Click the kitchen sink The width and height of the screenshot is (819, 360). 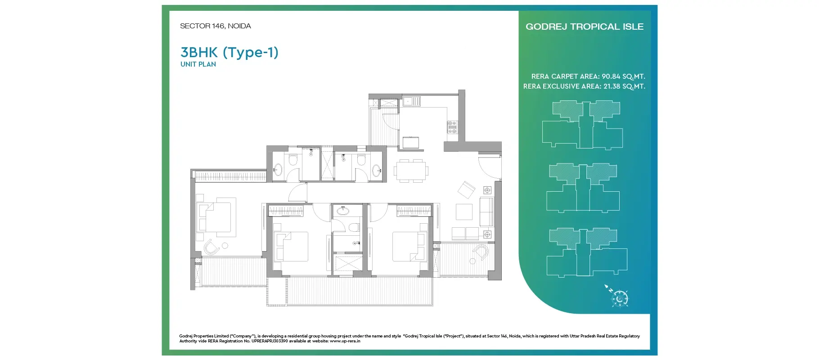click(x=411, y=101)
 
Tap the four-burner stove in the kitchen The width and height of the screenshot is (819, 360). click(x=452, y=127)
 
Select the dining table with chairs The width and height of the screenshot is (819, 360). click(x=411, y=171)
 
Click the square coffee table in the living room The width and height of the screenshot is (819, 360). click(x=464, y=211)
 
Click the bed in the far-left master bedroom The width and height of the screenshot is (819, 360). click(x=215, y=217)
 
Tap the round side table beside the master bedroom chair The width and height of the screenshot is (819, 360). click(x=225, y=246)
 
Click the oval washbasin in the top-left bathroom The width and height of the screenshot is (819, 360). click(x=278, y=170)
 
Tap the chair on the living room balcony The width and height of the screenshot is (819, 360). click(x=481, y=252)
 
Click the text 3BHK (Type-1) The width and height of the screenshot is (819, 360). click(x=229, y=52)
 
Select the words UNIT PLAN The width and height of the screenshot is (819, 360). click(x=198, y=64)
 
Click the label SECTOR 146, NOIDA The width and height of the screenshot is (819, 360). click(x=215, y=26)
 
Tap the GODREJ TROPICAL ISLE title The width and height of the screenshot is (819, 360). click(x=584, y=27)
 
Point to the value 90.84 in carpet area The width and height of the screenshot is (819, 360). click(x=611, y=76)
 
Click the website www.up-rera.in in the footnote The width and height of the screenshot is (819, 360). click(x=345, y=341)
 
